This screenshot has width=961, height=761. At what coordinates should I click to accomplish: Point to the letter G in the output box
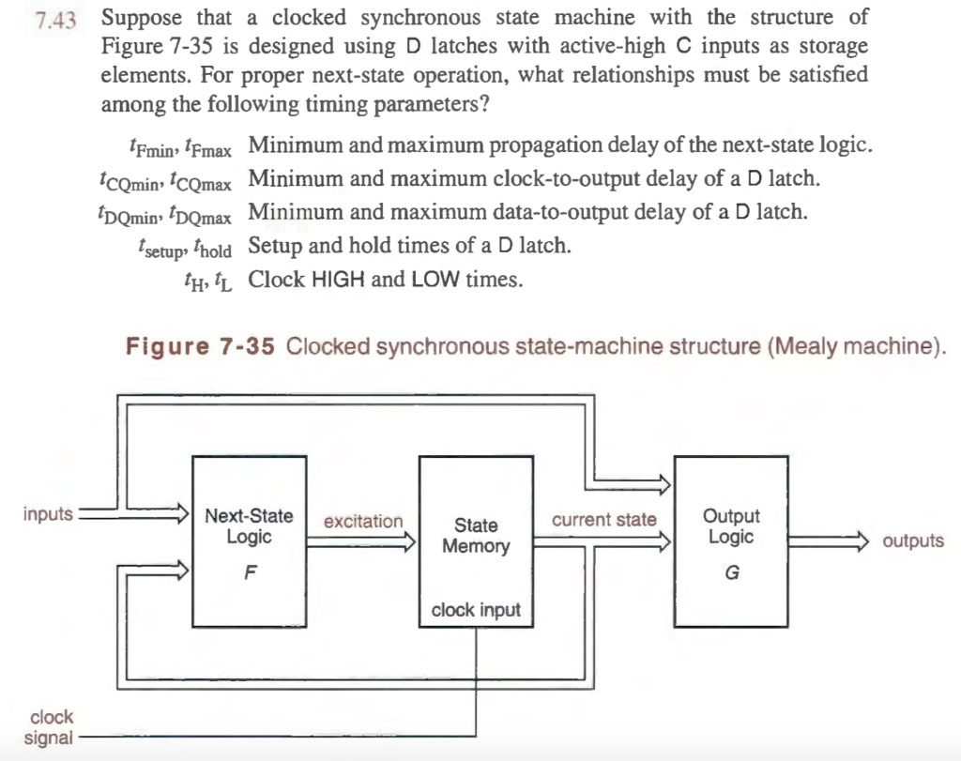(731, 573)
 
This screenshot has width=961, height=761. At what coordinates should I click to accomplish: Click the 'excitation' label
(363, 522)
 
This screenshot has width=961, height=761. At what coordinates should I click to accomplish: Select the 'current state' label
(604, 520)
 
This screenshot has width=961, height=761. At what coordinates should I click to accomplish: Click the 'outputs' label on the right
(913, 541)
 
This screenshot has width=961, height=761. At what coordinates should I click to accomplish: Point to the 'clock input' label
(476, 611)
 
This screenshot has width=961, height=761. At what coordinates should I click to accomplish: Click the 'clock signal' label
(49, 727)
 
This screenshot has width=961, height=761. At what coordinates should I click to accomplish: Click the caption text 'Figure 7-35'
(201, 346)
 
